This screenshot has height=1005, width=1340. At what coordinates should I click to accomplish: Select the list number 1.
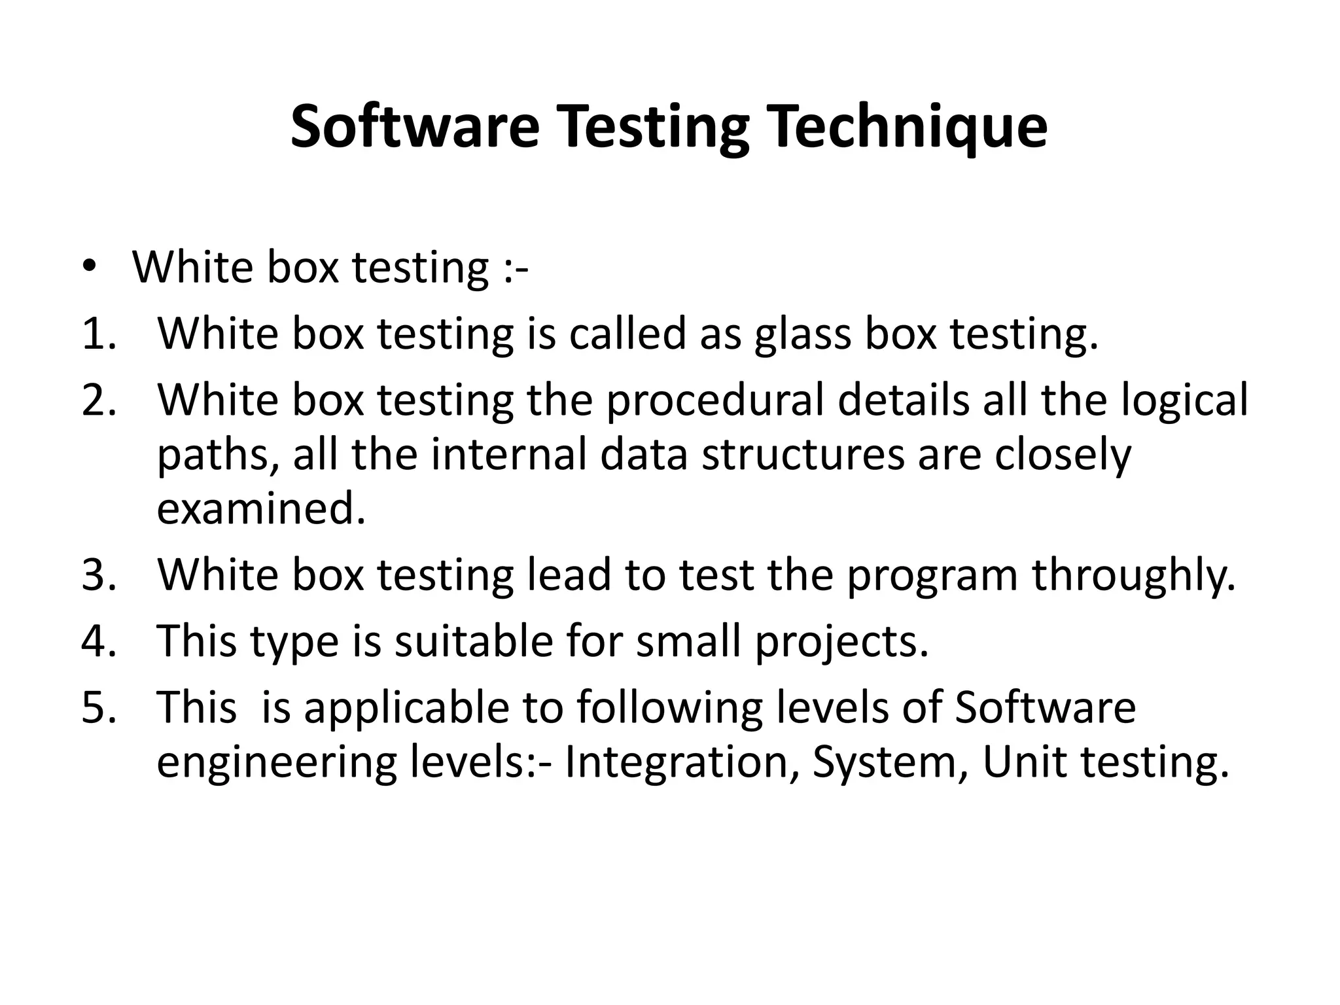point(99,334)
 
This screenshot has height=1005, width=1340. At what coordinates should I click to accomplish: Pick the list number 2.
point(99,400)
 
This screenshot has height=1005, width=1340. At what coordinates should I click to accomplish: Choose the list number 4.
point(99,641)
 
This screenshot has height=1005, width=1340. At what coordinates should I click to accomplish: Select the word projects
point(841,642)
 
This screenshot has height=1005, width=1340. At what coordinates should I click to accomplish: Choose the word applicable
point(406,708)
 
